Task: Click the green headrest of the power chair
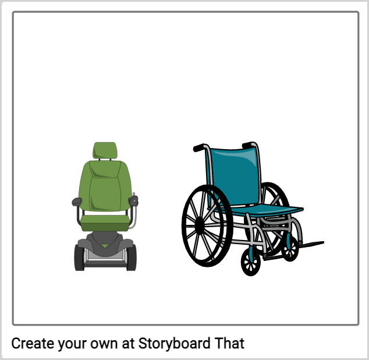(105, 150)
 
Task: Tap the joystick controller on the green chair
(133, 200)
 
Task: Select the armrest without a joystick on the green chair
(77, 202)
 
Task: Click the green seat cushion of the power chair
(105, 223)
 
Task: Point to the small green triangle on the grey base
(105, 246)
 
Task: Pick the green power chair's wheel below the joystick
(132, 257)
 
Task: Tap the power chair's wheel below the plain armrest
(79, 257)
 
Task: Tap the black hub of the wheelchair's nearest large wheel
(200, 225)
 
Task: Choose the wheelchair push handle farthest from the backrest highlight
(199, 148)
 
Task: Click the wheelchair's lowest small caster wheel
(251, 262)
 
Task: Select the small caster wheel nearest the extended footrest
(290, 249)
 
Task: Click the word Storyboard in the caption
(174, 344)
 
